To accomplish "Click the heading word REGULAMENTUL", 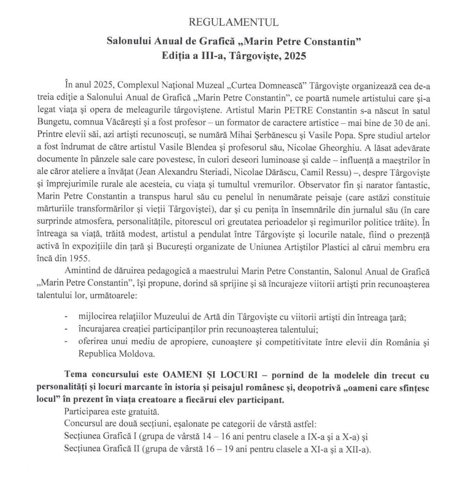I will point(233,22).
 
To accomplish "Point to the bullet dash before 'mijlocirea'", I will point(66,317).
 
